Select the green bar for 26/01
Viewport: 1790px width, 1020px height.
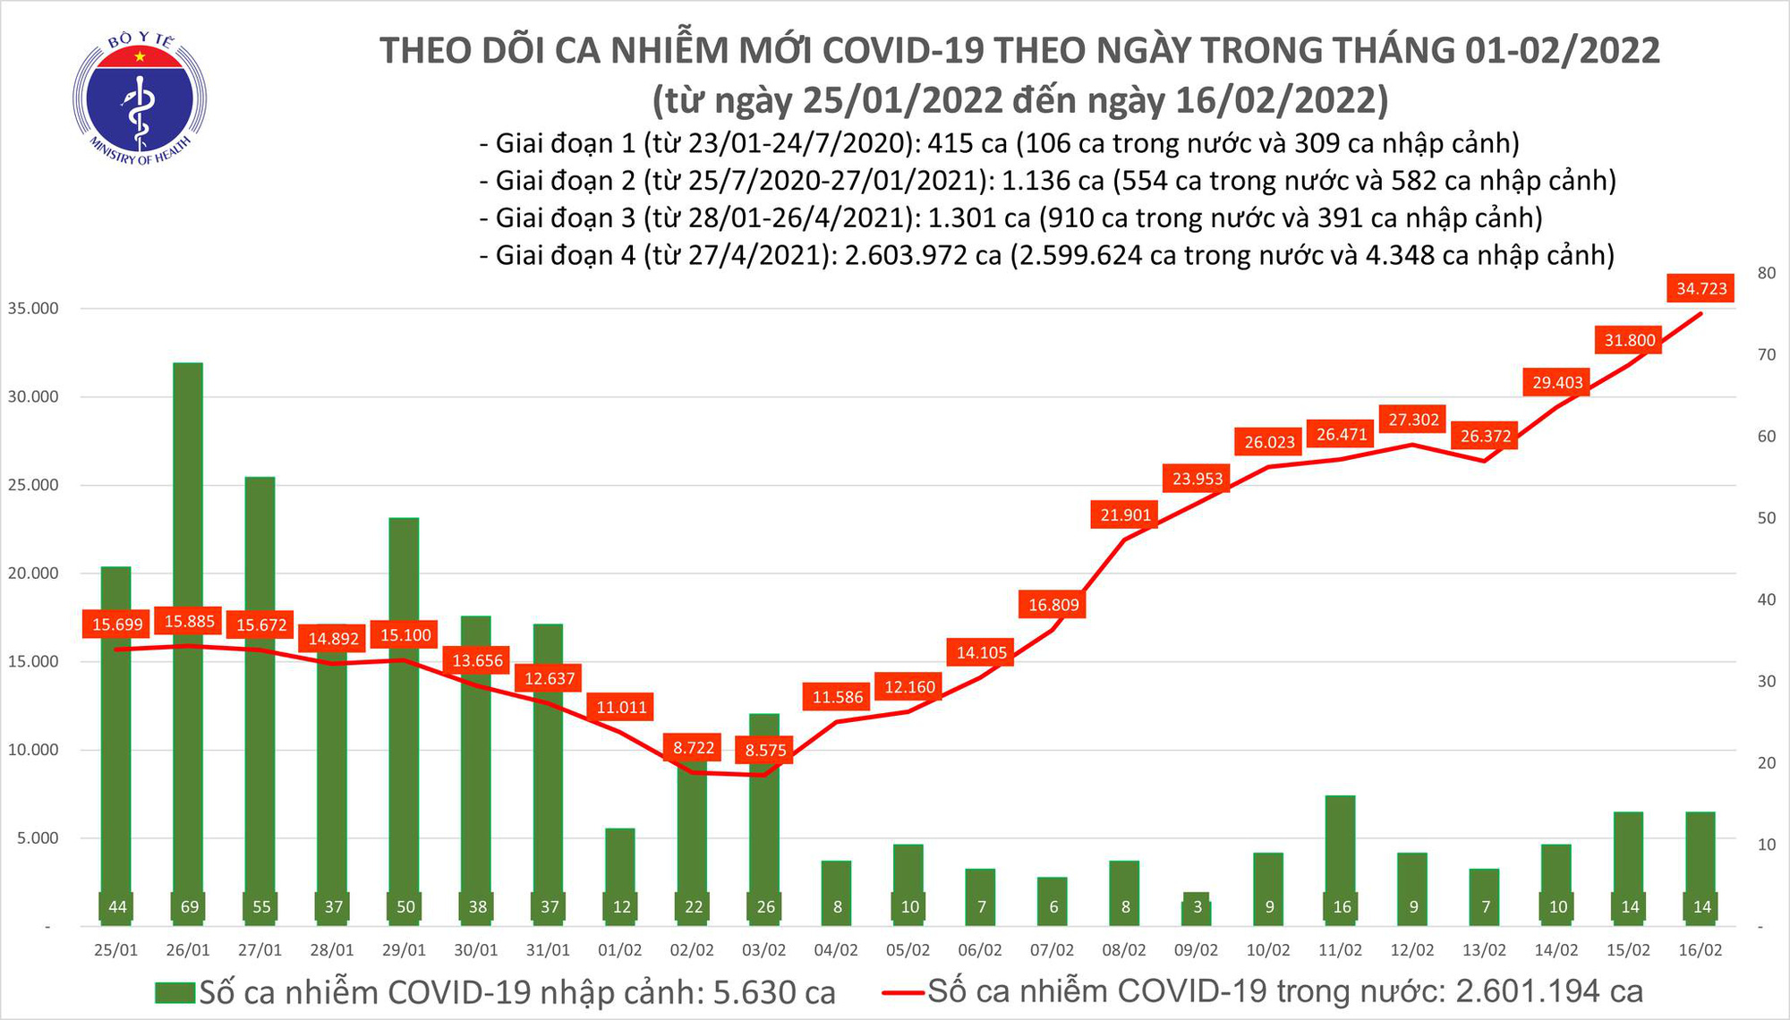[188, 626]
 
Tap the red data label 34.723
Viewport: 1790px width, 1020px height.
[1701, 288]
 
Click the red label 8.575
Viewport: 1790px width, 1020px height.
[765, 750]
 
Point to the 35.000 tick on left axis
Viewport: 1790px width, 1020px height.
[33, 309]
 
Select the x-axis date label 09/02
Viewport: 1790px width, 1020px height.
[1196, 950]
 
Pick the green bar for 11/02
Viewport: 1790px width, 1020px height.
[1340, 850]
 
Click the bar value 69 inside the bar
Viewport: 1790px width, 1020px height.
[189, 906]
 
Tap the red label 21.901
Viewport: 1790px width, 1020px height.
[1125, 514]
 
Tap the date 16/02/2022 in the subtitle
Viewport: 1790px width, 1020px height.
[1283, 99]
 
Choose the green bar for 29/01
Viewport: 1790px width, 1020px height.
[404, 716]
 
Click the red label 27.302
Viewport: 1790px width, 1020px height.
[1413, 419]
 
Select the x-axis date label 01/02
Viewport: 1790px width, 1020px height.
[619, 950]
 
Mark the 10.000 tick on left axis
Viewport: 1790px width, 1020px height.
[33, 750]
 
